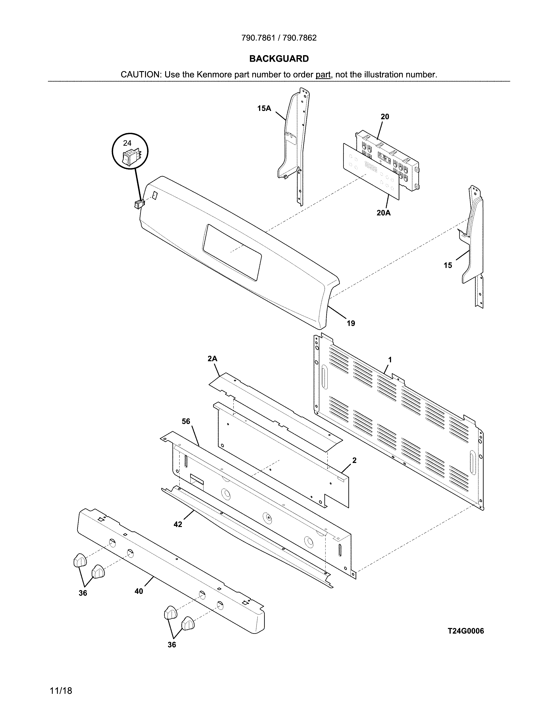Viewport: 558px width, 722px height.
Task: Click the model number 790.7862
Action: click(300, 38)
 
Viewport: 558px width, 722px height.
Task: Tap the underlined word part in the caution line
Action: click(323, 75)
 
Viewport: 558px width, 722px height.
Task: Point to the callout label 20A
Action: click(383, 213)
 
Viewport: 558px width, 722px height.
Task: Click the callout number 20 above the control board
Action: click(385, 117)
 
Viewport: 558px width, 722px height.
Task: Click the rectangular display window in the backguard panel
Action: click(232, 252)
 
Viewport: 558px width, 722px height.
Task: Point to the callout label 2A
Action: click(212, 359)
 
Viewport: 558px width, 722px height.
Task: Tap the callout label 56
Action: click(186, 421)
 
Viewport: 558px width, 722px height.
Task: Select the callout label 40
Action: click(139, 591)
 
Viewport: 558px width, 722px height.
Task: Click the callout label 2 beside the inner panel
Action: click(354, 460)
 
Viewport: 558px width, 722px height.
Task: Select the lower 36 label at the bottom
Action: click(172, 645)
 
